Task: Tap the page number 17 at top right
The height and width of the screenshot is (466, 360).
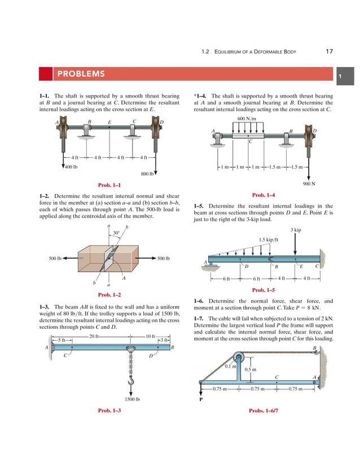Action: click(x=329, y=52)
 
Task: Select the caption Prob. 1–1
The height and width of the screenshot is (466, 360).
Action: click(x=109, y=184)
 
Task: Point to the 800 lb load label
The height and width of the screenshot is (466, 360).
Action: click(x=147, y=174)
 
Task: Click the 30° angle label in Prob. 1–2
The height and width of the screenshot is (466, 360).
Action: click(x=116, y=232)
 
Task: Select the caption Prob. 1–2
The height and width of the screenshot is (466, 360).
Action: click(x=109, y=294)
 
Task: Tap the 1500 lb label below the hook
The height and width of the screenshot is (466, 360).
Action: click(x=132, y=399)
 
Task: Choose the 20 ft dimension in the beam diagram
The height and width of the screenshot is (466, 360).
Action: click(x=94, y=337)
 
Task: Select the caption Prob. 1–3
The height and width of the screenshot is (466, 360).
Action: click(x=109, y=411)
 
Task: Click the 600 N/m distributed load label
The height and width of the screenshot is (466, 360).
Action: click(x=247, y=119)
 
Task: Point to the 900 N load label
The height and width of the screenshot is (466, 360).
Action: click(x=308, y=184)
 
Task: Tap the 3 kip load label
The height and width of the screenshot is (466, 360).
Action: click(x=295, y=230)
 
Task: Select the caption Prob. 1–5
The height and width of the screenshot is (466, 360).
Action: click(x=263, y=290)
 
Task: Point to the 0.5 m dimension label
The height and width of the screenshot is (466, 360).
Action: click(x=251, y=370)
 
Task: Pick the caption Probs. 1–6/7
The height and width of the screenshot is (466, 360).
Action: click(x=263, y=411)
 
